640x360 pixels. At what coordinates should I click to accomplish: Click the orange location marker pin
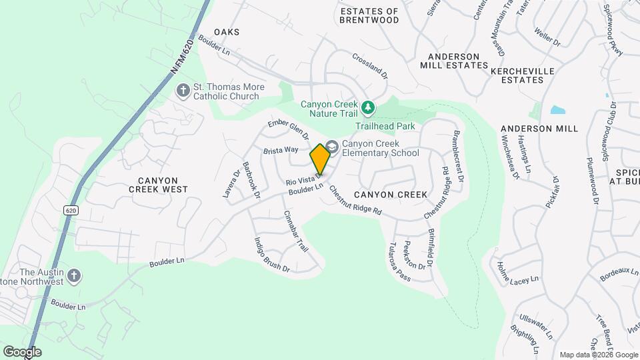pyautogui.click(x=321, y=159)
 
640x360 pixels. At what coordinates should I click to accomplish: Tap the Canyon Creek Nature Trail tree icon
pyautogui.click(x=367, y=107)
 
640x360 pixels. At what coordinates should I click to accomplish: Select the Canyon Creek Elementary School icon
pyautogui.click(x=332, y=147)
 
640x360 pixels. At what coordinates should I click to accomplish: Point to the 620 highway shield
pyautogui.click(x=71, y=210)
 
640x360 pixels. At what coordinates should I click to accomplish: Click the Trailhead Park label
pyautogui.click(x=385, y=126)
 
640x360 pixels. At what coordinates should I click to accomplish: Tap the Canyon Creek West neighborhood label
pyautogui.click(x=159, y=185)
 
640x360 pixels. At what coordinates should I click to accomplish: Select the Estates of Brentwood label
pyautogui.click(x=369, y=15)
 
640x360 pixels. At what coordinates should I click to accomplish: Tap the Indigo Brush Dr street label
pyautogui.click(x=271, y=255)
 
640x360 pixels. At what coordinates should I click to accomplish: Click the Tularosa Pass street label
pyautogui.click(x=399, y=262)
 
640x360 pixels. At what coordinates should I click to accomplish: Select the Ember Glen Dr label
pyautogui.click(x=288, y=130)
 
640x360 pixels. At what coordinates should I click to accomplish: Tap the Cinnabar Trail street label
pyautogui.click(x=295, y=231)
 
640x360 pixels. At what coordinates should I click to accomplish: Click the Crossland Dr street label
pyautogui.click(x=369, y=66)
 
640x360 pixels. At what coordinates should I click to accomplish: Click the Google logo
pyautogui.click(x=22, y=351)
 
